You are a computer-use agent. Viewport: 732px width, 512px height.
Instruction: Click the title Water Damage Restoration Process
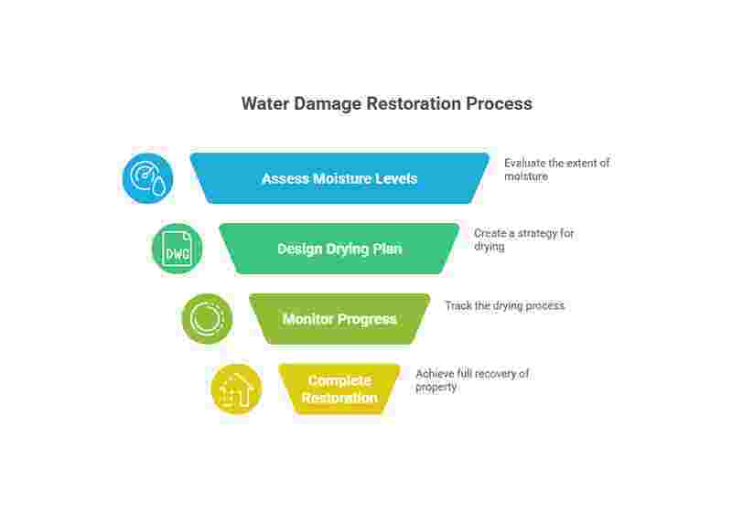[x=386, y=103]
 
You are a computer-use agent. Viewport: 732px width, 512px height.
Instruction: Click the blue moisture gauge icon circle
[x=147, y=178]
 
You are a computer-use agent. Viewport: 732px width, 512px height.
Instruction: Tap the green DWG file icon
[x=177, y=249]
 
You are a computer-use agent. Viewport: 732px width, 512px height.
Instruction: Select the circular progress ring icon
[x=207, y=319]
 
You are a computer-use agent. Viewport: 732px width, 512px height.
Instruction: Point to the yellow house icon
[x=236, y=389]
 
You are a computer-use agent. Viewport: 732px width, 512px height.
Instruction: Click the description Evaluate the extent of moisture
[x=556, y=169]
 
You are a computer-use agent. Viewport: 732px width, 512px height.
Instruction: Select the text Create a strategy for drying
[x=523, y=240]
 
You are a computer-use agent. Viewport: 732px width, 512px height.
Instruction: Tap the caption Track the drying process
[x=504, y=305]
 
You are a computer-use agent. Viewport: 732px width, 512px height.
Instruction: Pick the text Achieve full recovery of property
[x=472, y=380]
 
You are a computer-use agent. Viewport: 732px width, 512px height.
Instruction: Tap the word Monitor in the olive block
[x=312, y=319]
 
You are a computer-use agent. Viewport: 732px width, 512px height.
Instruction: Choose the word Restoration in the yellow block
[x=339, y=398]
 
